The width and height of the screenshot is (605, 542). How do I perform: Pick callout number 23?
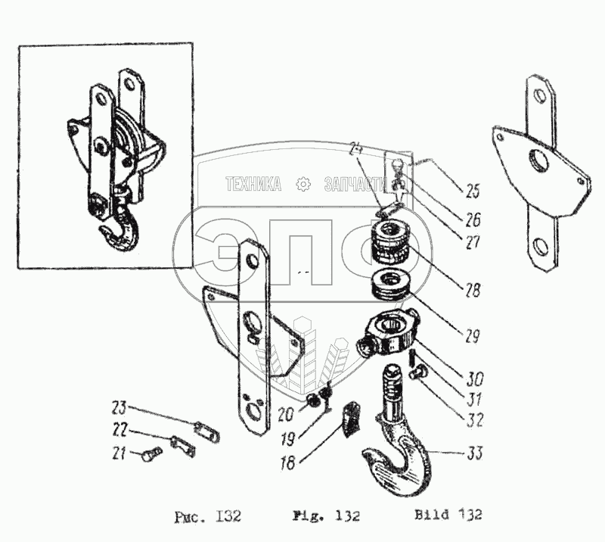point(119,405)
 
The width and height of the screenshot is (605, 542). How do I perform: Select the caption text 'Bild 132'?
point(448,516)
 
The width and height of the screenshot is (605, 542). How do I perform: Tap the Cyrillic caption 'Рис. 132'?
point(206,517)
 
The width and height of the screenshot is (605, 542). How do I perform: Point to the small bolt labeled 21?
point(150,456)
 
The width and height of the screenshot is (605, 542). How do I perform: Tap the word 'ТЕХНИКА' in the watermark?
point(253,184)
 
